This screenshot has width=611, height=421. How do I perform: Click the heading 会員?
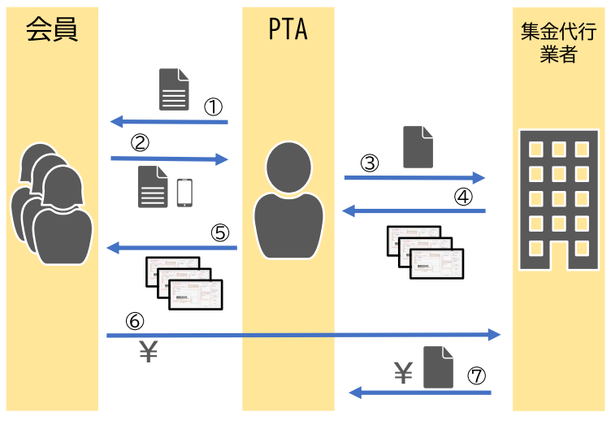(x=52, y=30)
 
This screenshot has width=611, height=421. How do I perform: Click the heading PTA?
(x=288, y=30)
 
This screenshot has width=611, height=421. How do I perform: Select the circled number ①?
(x=213, y=107)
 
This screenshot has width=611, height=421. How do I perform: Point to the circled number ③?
(x=370, y=163)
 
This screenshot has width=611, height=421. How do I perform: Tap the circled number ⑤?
(x=220, y=232)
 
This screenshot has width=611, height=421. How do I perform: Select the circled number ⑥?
(x=136, y=321)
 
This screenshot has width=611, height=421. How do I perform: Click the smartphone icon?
(x=185, y=192)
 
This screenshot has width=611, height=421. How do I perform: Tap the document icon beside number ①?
(x=174, y=89)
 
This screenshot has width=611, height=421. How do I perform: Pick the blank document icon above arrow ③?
(x=418, y=146)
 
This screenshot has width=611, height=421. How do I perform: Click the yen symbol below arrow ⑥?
(x=148, y=352)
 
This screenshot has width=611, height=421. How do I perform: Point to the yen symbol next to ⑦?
(x=404, y=373)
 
